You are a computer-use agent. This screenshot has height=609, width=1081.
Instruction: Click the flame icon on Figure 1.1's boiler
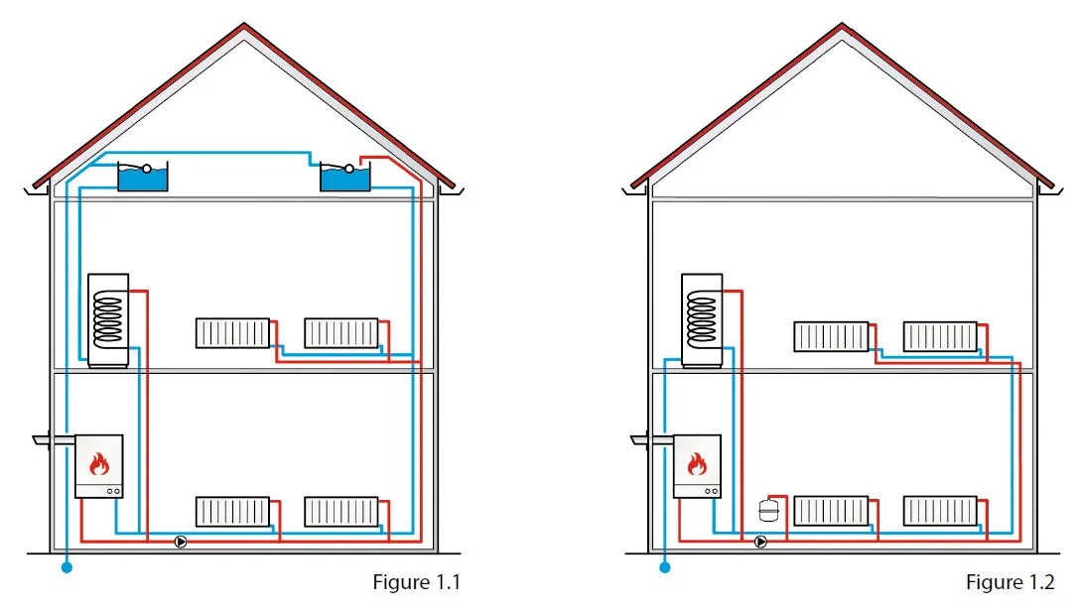point(98,463)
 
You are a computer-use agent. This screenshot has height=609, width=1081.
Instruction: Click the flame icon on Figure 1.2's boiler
point(697,463)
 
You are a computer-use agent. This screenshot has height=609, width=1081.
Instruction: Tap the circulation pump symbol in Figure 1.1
point(181,542)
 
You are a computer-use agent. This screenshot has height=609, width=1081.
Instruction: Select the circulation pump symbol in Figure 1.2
point(760,542)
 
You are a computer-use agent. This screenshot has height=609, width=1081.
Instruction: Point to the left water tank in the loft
point(143,178)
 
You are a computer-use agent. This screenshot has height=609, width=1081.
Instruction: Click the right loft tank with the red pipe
point(344,179)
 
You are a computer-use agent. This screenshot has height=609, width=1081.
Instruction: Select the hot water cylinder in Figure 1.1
point(108,319)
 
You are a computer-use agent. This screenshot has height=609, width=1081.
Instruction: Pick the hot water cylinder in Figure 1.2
point(706,319)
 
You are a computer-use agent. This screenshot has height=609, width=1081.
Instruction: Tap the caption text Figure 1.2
point(1010,582)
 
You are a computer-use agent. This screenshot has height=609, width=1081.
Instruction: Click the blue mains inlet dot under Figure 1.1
point(67,568)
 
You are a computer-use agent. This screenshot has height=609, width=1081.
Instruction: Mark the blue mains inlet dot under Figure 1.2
point(665,568)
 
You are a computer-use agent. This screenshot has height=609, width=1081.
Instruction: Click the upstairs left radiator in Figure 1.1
point(232,332)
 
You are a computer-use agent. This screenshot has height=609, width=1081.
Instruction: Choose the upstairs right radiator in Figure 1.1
point(340,332)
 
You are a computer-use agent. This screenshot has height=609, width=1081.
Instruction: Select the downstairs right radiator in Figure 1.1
point(340,512)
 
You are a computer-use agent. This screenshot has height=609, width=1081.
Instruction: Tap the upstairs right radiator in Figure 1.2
point(939,336)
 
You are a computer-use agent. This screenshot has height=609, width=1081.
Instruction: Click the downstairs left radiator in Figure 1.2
point(831,512)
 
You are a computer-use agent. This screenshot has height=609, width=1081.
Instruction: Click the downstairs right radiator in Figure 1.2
point(939,512)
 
